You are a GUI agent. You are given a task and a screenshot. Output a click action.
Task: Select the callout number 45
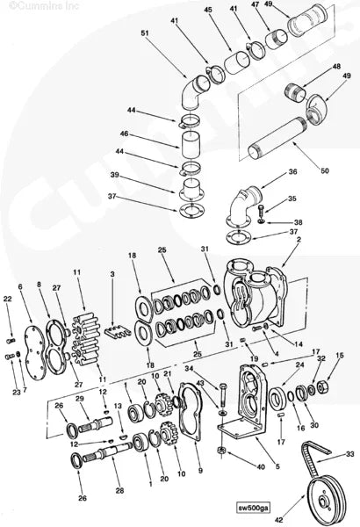[x=208, y=10]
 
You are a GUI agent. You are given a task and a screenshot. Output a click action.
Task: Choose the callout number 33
[x=350, y=454]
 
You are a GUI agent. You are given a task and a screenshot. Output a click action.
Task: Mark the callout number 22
[x=8, y=300]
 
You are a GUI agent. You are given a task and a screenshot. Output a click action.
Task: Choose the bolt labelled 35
[x=261, y=212]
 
